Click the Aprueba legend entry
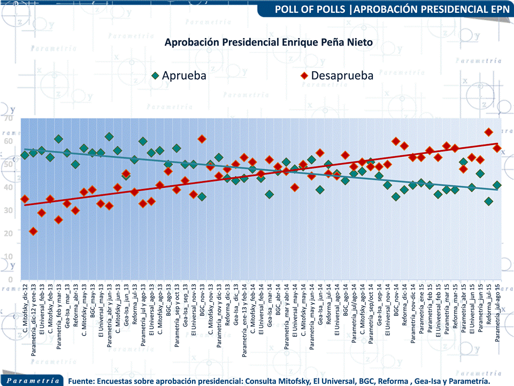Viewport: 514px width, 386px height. click(183, 75)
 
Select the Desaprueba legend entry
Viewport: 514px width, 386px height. click(342, 75)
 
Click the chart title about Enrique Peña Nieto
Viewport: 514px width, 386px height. click(268, 42)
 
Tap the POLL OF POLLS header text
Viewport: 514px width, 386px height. click(389, 9)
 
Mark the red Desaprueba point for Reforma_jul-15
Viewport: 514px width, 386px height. click(488, 132)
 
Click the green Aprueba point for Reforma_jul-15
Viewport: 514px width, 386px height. click(488, 201)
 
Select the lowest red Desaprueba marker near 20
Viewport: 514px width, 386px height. click(33, 231)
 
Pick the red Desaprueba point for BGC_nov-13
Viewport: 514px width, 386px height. click(202, 139)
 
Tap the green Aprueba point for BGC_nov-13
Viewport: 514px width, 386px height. click(202, 196)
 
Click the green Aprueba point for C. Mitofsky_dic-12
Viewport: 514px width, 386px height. click(25, 155)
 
